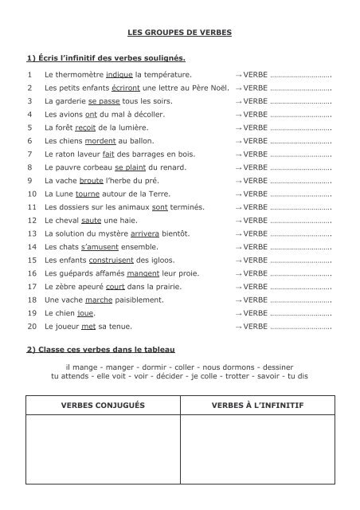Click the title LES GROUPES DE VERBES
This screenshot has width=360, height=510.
point(179,34)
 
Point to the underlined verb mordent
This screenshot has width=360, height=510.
point(100,141)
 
